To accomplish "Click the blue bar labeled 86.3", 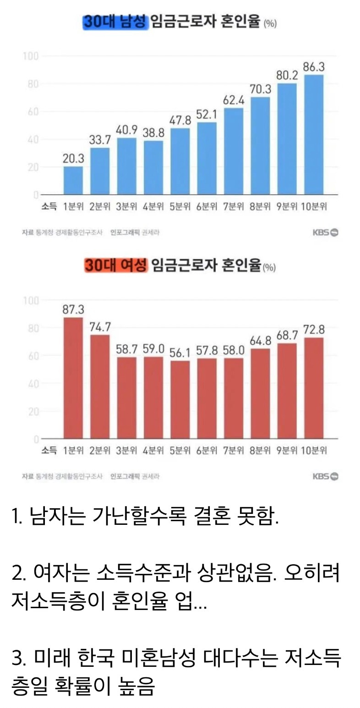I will (314, 135).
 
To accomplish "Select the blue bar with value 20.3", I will (73, 180).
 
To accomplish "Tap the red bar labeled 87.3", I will (73, 378).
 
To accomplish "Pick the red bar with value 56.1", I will (180, 400).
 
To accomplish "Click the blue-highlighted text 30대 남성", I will (115, 22).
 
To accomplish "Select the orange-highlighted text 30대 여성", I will (115, 265).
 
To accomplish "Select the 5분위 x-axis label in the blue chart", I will (180, 207).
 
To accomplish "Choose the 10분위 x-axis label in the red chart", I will (314, 451).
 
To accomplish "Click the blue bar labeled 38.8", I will (153, 168).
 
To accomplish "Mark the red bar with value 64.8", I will (260, 394).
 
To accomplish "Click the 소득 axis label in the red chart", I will (49, 451).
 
